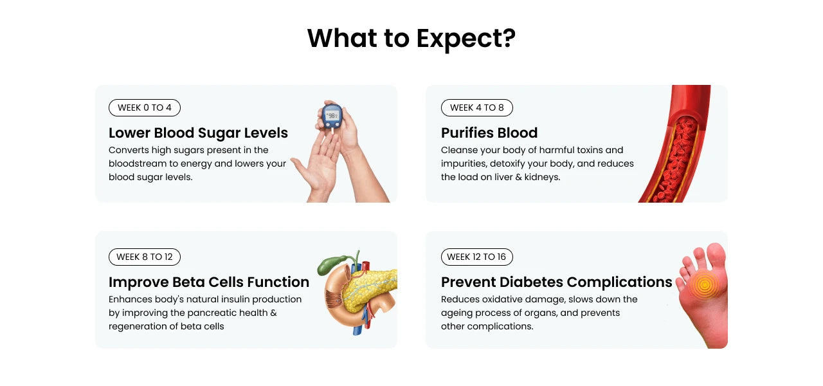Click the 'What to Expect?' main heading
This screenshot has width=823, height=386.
[411, 39]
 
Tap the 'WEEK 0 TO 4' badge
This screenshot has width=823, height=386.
[145, 107]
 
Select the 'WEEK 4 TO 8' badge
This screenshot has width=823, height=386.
[477, 107]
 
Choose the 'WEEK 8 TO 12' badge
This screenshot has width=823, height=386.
[145, 257]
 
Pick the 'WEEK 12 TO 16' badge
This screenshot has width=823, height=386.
[477, 257]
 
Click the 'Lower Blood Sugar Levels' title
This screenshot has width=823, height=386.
[198, 133]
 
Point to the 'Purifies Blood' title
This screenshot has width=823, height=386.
[489, 133]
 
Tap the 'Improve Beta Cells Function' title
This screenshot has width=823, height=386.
[209, 282]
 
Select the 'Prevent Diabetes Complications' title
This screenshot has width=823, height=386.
[556, 282]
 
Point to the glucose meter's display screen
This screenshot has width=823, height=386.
[332, 115]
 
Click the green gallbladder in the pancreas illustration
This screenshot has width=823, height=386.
[330, 264]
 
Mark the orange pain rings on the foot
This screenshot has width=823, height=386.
[704, 284]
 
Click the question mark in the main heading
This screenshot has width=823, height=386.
[509, 37]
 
